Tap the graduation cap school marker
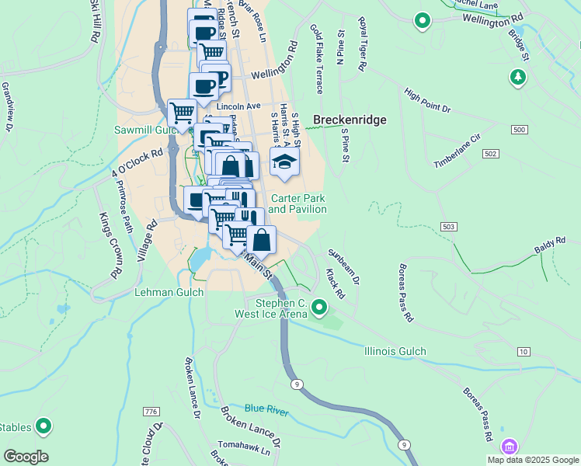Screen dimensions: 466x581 [x=284, y=162]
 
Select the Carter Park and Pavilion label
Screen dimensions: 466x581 [x=297, y=203]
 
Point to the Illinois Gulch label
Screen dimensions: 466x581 [x=395, y=351]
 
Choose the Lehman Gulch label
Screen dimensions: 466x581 [x=169, y=292]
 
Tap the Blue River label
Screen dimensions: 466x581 [x=266, y=409]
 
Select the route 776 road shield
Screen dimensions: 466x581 [x=151, y=411]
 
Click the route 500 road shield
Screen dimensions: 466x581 [x=519, y=129]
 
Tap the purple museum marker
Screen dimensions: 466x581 [x=509, y=447]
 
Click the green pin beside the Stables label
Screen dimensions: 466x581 [x=44, y=426]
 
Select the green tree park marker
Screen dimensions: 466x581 [x=518, y=77]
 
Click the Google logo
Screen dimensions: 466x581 [x=26, y=457]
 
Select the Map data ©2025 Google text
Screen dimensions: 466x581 [x=532, y=460]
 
